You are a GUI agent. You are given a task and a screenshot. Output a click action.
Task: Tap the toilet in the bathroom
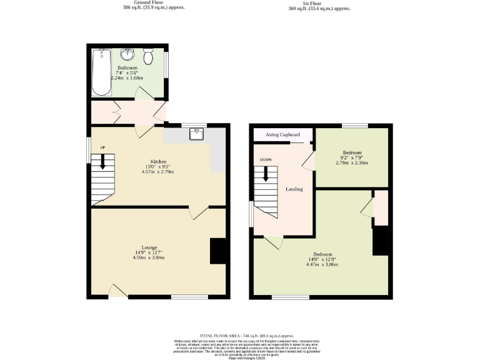point(149,57)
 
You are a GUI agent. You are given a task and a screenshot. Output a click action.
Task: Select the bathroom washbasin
point(128,54)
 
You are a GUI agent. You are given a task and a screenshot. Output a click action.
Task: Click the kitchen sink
point(197,133)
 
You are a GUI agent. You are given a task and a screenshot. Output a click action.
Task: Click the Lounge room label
point(149,247)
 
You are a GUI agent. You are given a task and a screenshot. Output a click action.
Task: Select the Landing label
point(294,189)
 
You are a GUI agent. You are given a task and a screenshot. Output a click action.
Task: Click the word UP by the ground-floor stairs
point(102,147)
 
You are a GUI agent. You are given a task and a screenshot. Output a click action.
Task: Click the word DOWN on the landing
point(266,159)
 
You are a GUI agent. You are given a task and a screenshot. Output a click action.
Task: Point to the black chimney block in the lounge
point(217,251)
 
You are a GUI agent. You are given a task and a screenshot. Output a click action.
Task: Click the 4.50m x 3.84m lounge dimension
point(149,257)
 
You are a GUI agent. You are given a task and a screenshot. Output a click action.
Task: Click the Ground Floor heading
point(146,3)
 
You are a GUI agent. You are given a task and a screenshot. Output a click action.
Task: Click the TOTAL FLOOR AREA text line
point(247,336)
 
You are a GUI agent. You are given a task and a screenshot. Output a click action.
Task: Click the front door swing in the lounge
point(116,289)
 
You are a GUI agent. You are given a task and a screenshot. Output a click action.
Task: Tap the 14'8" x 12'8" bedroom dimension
point(322,259)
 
